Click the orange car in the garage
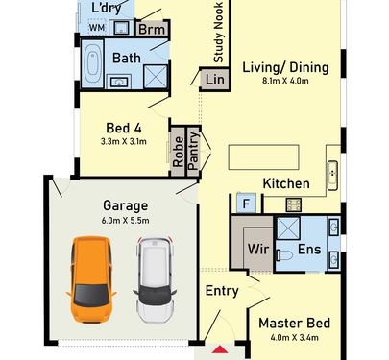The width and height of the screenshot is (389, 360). pyautogui.click(x=91, y=279)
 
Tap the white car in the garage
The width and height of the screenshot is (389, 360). pyautogui.click(x=155, y=280)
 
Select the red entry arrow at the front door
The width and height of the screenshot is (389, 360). pyautogui.click(x=220, y=349)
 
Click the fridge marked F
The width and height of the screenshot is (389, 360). pyautogui.click(x=246, y=204)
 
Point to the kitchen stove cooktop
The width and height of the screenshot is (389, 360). pyautogui.click(x=294, y=204)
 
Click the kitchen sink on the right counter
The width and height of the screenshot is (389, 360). pyautogui.click(x=332, y=176)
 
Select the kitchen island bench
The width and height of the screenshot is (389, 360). pyautogui.click(x=263, y=156)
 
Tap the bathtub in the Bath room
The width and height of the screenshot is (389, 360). pyautogui.click(x=93, y=63)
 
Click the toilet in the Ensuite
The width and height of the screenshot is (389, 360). pyautogui.click(x=284, y=255)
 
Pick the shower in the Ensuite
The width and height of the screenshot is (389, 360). pyautogui.click(x=288, y=228)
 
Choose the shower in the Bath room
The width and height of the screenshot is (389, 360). pyautogui.click(x=156, y=77)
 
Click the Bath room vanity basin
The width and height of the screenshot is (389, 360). pyautogui.click(x=119, y=82)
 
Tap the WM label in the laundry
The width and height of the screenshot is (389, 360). pyautogui.click(x=97, y=28)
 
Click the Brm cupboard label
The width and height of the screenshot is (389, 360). pyautogui.click(x=152, y=30)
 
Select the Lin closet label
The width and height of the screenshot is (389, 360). pyautogui.click(x=215, y=80)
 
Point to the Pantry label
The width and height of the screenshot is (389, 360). pyautogui.click(x=194, y=151)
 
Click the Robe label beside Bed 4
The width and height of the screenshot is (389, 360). pyautogui.click(x=178, y=152)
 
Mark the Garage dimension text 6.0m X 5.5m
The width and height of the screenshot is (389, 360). pyautogui.click(x=125, y=221)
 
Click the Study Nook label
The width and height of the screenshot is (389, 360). pyautogui.click(x=218, y=32)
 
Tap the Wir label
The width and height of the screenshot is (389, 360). pyautogui.click(x=258, y=249)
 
